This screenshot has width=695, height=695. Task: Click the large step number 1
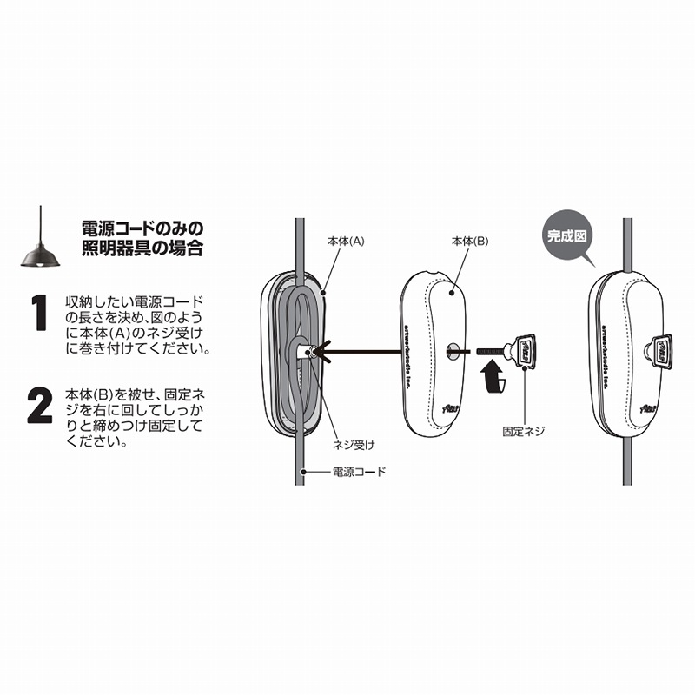click(x=39, y=314)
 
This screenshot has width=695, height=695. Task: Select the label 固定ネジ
click(x=523, y=431)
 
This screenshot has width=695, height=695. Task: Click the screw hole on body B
click(x=453, y=352)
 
